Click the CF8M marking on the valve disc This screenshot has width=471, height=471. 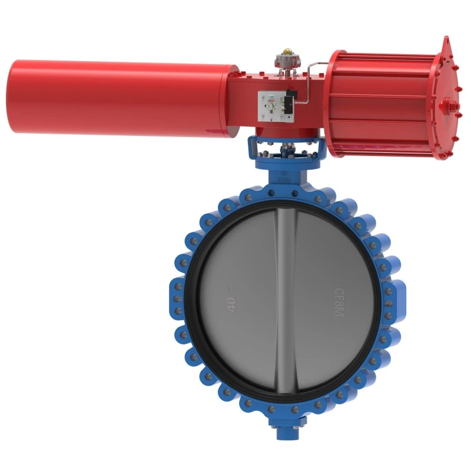[339, 301]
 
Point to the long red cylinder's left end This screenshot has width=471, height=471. [13, 96]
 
